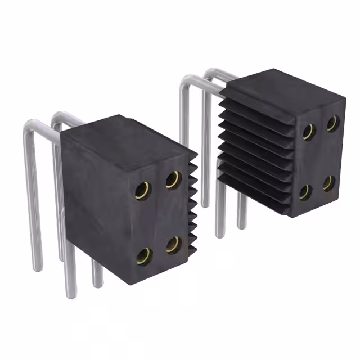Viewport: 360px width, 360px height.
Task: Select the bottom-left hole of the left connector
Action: pos(145,257)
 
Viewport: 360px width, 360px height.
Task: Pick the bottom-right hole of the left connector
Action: pos(174,244)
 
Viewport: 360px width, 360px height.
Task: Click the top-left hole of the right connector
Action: pos(308,132)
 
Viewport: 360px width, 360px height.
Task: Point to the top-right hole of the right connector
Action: pos(332,123)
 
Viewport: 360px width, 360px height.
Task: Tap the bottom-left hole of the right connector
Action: pos(305,192)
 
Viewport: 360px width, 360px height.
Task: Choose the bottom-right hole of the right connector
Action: pos(329,183)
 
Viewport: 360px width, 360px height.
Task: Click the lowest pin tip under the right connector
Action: pos(220,233)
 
